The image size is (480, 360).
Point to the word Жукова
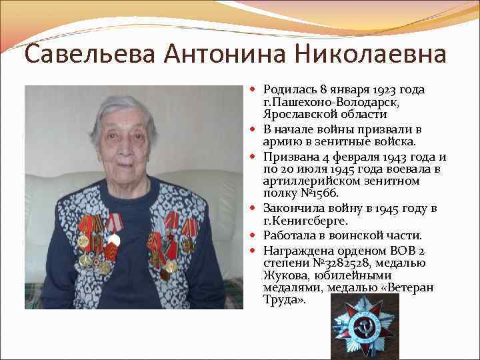(x=283, y=275)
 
